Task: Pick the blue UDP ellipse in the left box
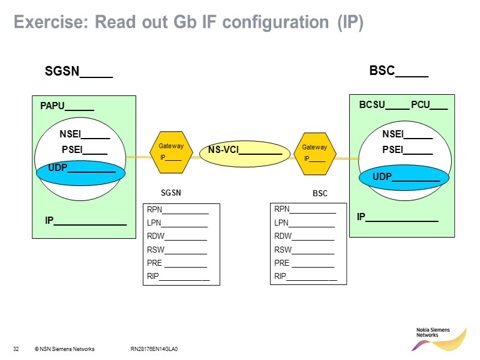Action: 81,173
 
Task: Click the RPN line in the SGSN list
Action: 177,210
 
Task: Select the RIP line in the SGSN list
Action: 178,277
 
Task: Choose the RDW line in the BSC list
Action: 304,236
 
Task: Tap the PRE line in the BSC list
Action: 304,263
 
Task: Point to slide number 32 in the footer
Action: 16,349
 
